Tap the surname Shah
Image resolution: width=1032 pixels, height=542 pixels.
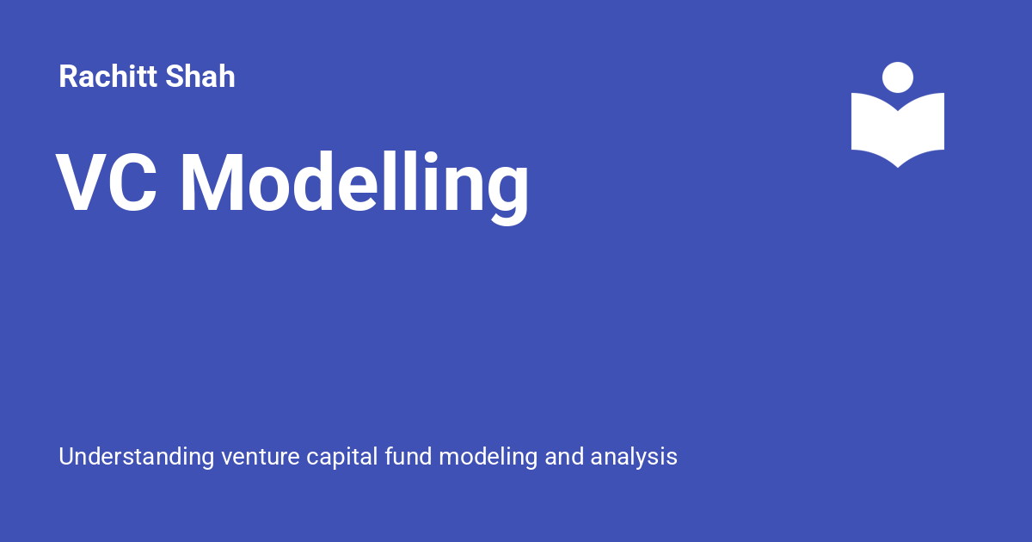(x=200, y=76)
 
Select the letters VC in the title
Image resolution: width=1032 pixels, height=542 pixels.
(x=107, y=182)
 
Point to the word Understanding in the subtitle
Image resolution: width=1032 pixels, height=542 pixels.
(x=137, y=457)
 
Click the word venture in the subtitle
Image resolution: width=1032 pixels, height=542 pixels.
(x=261, y=457)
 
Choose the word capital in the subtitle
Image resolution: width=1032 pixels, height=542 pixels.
(x=342, y=457)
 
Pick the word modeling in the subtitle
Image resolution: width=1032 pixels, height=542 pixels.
(x=488, y=457)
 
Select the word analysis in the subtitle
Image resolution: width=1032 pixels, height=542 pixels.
(x=634, y=457)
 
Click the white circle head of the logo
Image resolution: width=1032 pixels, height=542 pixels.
(x=898, y=77)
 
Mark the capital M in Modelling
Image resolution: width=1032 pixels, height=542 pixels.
(x=212, y=182)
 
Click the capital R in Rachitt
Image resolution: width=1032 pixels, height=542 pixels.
(x=68, y=76)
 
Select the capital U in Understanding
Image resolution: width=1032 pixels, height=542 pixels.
(x=67, y=456)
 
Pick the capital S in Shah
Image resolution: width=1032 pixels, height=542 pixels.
(x=175, y=76)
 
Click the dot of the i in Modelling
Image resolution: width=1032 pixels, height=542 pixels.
(x=430, y=157)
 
